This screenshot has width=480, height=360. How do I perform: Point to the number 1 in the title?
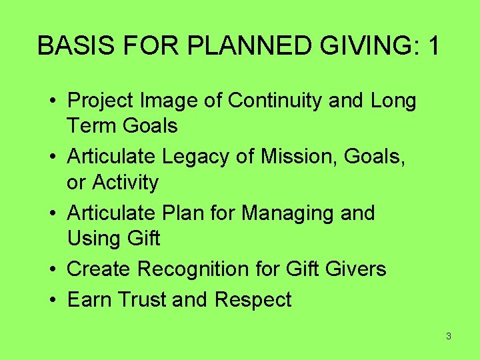[x=433, y=46]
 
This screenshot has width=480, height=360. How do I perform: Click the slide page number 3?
[x=448, y=336]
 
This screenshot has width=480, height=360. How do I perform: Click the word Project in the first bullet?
[x=102, y=101]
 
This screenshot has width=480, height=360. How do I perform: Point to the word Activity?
[x=125, y=182]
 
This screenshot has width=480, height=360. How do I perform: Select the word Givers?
[x=355, y=269]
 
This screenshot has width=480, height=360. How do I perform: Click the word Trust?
[x=142, y=299]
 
